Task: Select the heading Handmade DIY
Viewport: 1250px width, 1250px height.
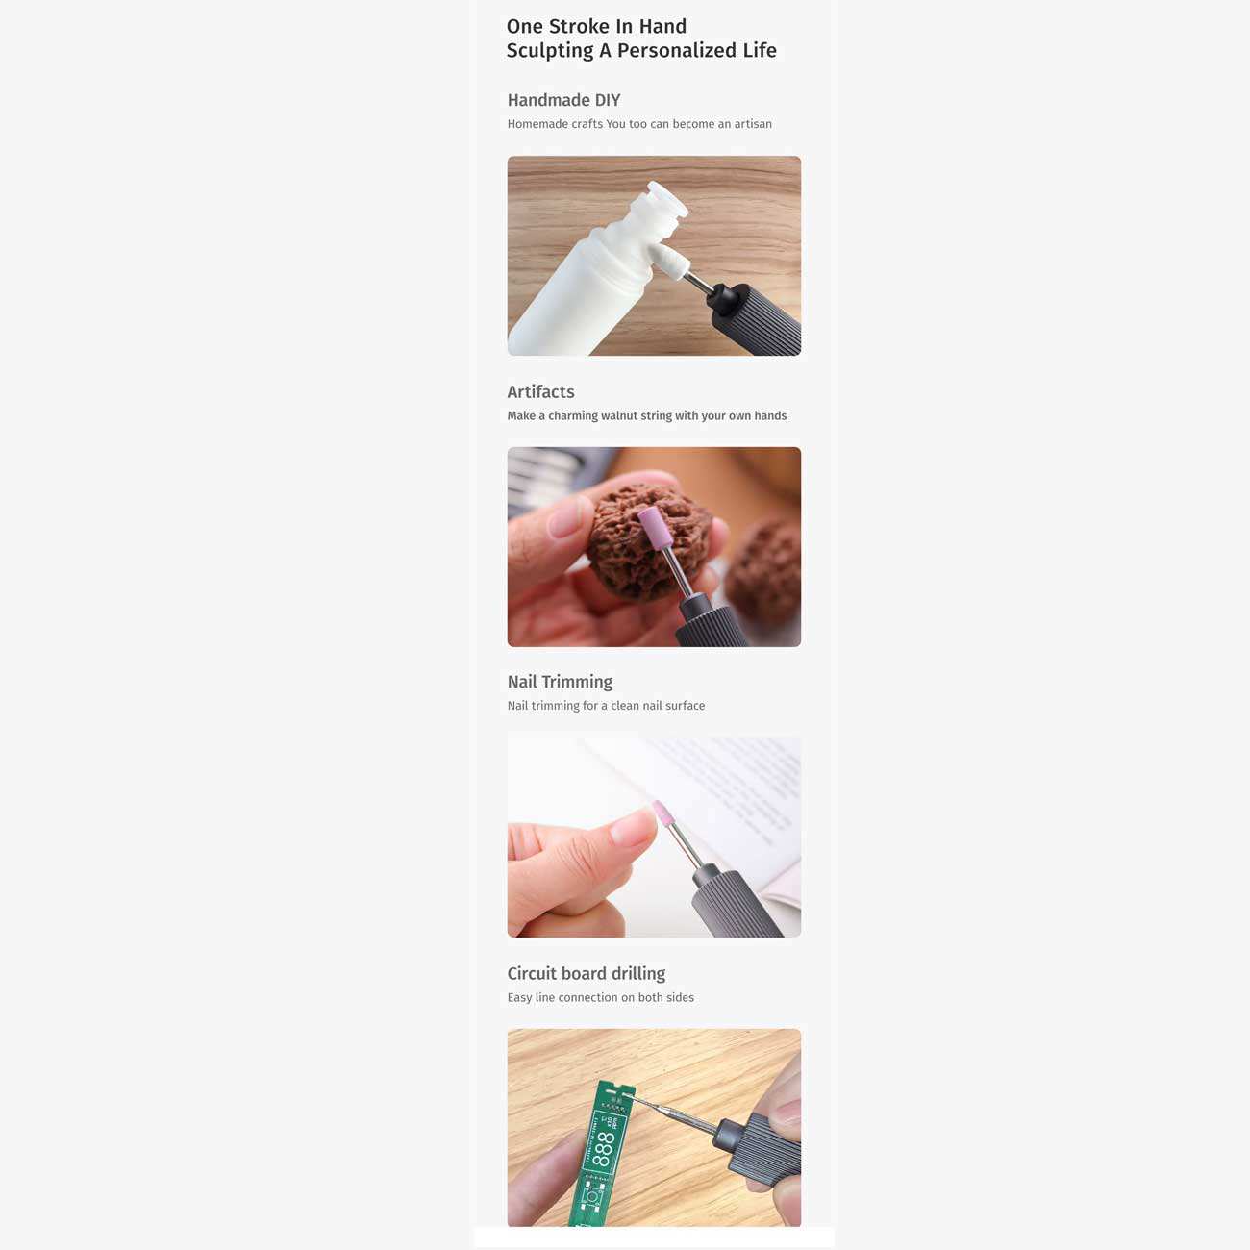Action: [x=563, y=100]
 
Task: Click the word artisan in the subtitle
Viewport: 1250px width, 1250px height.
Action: [x=753, y=124]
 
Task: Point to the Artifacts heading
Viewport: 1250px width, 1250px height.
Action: [x=540, y=391]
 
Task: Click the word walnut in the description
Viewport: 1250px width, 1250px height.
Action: [x=619, y=415]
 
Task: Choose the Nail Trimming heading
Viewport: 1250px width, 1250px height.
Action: [x=560, y=682]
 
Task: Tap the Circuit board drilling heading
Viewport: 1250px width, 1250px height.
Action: [x=587, y=973]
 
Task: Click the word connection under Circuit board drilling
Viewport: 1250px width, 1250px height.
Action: [x=587, y=998]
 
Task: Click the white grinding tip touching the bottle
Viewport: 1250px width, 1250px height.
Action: [x=667, y=261]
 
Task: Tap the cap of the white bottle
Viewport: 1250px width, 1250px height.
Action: [x=667, y=200]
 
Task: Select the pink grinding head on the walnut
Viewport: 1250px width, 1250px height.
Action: [x=651, y=528]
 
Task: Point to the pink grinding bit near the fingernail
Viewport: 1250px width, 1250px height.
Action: [x=662, y=816]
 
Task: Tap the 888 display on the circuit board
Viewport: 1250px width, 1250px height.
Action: [x=603, y=1149]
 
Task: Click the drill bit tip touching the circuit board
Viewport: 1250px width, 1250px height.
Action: [x=629, y=1096]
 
